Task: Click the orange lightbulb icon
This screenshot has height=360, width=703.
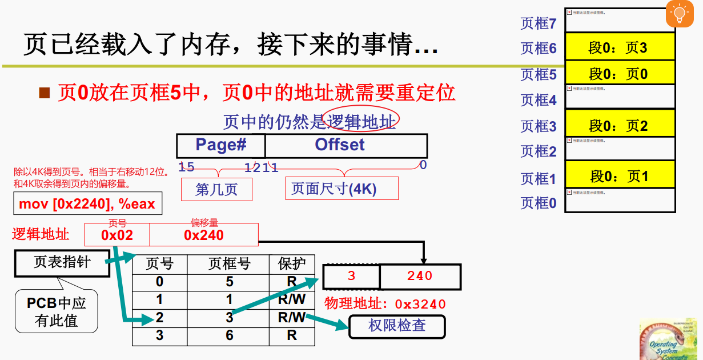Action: [679, 14]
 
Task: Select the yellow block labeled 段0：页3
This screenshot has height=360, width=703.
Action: [620, 47]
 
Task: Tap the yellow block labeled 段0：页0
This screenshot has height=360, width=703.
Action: [620, 74]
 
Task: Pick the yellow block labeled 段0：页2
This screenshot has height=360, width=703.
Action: [620, 125]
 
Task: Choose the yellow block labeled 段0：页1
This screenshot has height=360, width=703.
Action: [620, 176]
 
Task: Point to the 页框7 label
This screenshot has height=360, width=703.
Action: [538, 23]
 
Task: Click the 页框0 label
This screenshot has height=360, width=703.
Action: [538, 203]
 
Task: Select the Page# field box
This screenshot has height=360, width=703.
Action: [221, 145]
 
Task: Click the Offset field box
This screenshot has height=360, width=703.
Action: [346, 145]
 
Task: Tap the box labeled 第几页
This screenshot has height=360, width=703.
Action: [216, 189]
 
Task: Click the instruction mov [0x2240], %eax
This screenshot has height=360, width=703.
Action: [87, 204]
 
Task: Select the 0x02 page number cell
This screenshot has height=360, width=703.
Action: [117, 235]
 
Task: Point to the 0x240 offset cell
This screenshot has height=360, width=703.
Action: [204, 235]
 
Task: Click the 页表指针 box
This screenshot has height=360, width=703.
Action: [62, 263]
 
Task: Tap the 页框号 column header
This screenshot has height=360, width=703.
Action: [229, 264]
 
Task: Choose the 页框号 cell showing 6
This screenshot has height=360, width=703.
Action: [229, 335]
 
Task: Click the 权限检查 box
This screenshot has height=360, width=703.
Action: [397, 326]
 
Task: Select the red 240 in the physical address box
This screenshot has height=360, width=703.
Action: [420, 276]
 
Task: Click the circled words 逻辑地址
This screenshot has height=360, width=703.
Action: [360, 121]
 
